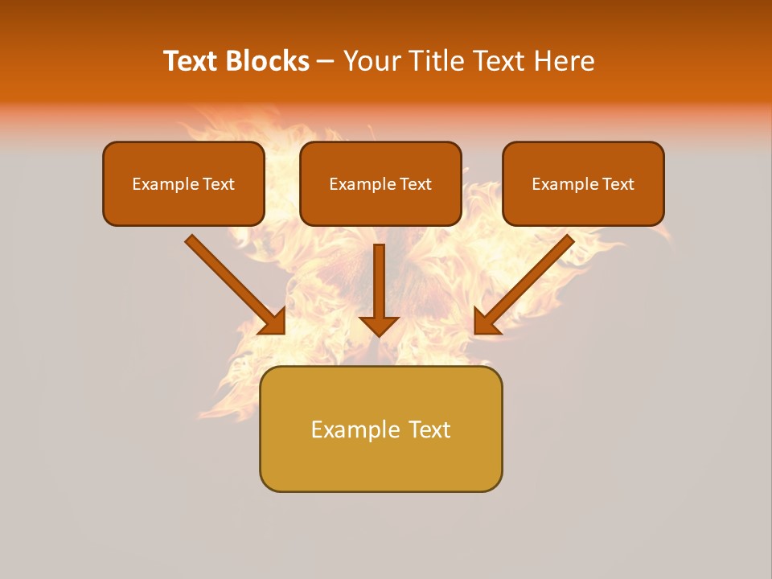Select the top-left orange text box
183,184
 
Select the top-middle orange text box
380,184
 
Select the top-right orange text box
583,184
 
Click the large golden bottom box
380,429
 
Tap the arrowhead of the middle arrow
380,325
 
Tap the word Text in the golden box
430,429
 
